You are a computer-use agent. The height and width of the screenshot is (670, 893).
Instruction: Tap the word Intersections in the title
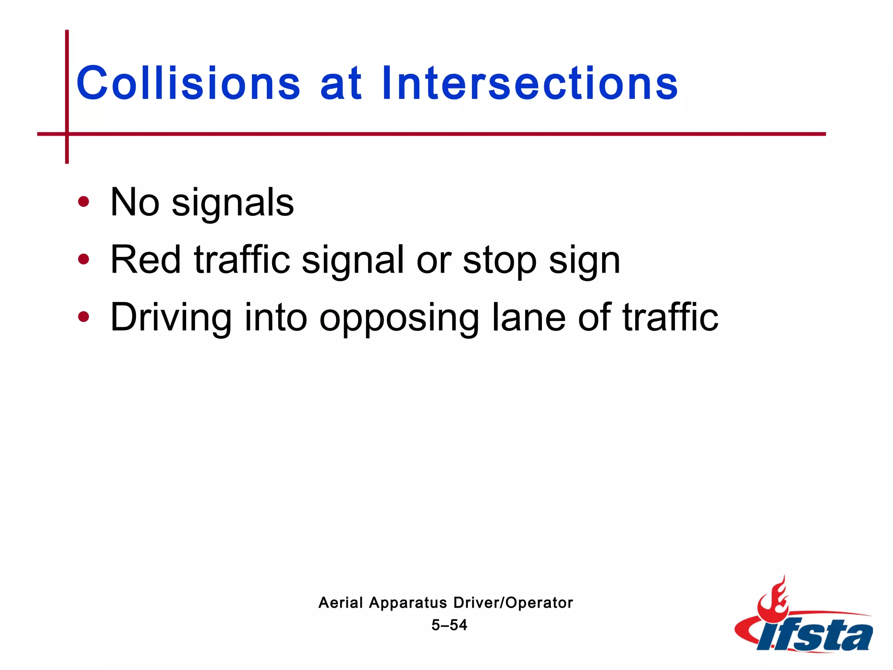[x=529, y=83]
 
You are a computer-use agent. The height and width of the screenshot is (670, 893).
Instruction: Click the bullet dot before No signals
[x=83, y=202]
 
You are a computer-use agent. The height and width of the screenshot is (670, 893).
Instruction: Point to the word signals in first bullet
[x=233, y=203]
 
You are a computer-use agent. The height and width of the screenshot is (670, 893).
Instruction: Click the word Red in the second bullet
[x=146, y=260]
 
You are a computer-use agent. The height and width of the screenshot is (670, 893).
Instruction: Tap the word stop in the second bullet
[x=500, y=261]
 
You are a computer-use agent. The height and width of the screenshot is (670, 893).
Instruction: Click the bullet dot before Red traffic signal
[x=83, y=260]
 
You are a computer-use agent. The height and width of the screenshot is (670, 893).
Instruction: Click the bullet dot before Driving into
[x=83, y=317]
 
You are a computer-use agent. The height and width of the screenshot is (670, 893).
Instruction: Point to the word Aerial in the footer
[x=341, y=602]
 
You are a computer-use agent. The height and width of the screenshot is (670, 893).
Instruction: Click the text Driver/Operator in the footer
[x=513, y=602]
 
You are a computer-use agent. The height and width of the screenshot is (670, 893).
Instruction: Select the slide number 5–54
[x=449, y=625]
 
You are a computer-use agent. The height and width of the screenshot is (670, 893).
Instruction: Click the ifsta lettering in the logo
[x=815, y=635]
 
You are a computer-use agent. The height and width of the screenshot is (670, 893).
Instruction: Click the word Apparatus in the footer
[x=408, y=603]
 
